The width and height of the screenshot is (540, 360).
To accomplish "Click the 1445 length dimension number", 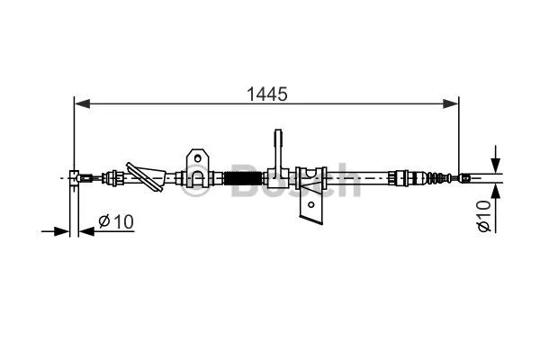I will tap(266, 93).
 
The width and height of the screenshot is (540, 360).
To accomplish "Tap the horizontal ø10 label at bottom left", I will tap(116, 220).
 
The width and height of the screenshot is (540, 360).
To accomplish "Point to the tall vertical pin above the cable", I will tap(278, 148).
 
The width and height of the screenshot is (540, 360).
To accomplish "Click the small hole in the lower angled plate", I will tap(310, 206).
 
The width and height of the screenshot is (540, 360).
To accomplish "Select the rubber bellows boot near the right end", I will tap(436, 178).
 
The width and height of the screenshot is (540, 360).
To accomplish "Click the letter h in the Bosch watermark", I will tap(346, 181).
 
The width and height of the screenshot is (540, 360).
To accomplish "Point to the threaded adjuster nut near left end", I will tap(113, 178).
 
